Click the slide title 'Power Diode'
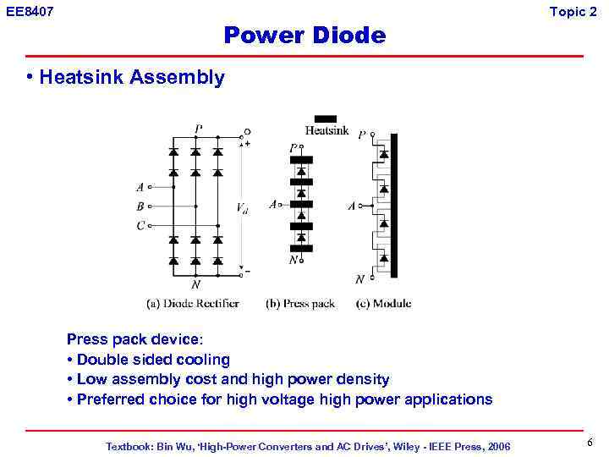(304, 36)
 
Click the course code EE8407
(29, 11)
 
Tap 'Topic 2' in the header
(573, 11)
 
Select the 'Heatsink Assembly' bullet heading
(131, 78)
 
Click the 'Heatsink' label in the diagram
(326, 131)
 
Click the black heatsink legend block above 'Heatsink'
(326, 118)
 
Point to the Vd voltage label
(242, 207)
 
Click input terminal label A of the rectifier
(140, 187)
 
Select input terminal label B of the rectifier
(140, 206)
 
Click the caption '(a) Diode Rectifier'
(193, 304)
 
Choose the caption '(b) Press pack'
(300, 304)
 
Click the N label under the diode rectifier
(195, 284)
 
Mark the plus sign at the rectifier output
(247, 143)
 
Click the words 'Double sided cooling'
(153, 360)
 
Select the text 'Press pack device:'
(134, 339)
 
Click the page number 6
(589, 443)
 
